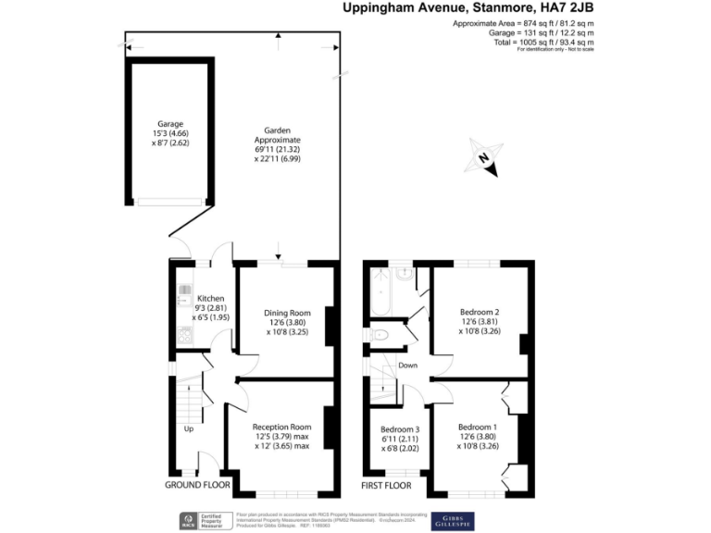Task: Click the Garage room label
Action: pos(170,124)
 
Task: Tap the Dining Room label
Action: pos(287,313)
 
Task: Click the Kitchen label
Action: pos(211,298)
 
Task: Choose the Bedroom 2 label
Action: pos(480,313)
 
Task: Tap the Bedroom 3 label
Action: pos(399,429)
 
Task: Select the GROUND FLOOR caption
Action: pos(197,485)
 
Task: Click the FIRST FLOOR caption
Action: pos(386,485)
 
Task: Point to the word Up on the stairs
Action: pos(189,429)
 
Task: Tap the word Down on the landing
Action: pos(407,366)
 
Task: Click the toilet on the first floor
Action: pos(380,335)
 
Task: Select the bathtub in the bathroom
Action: pos(376,294)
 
